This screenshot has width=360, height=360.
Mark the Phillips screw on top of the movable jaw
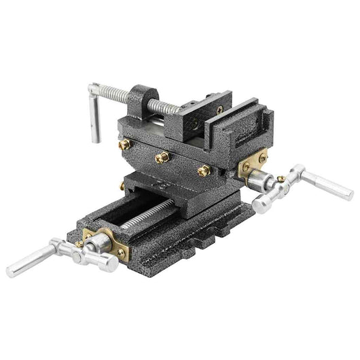(219, 107)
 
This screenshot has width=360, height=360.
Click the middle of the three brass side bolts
(162, 158)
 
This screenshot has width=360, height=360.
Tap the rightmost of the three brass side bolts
(203, 171)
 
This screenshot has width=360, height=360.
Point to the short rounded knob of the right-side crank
(261, 202)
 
